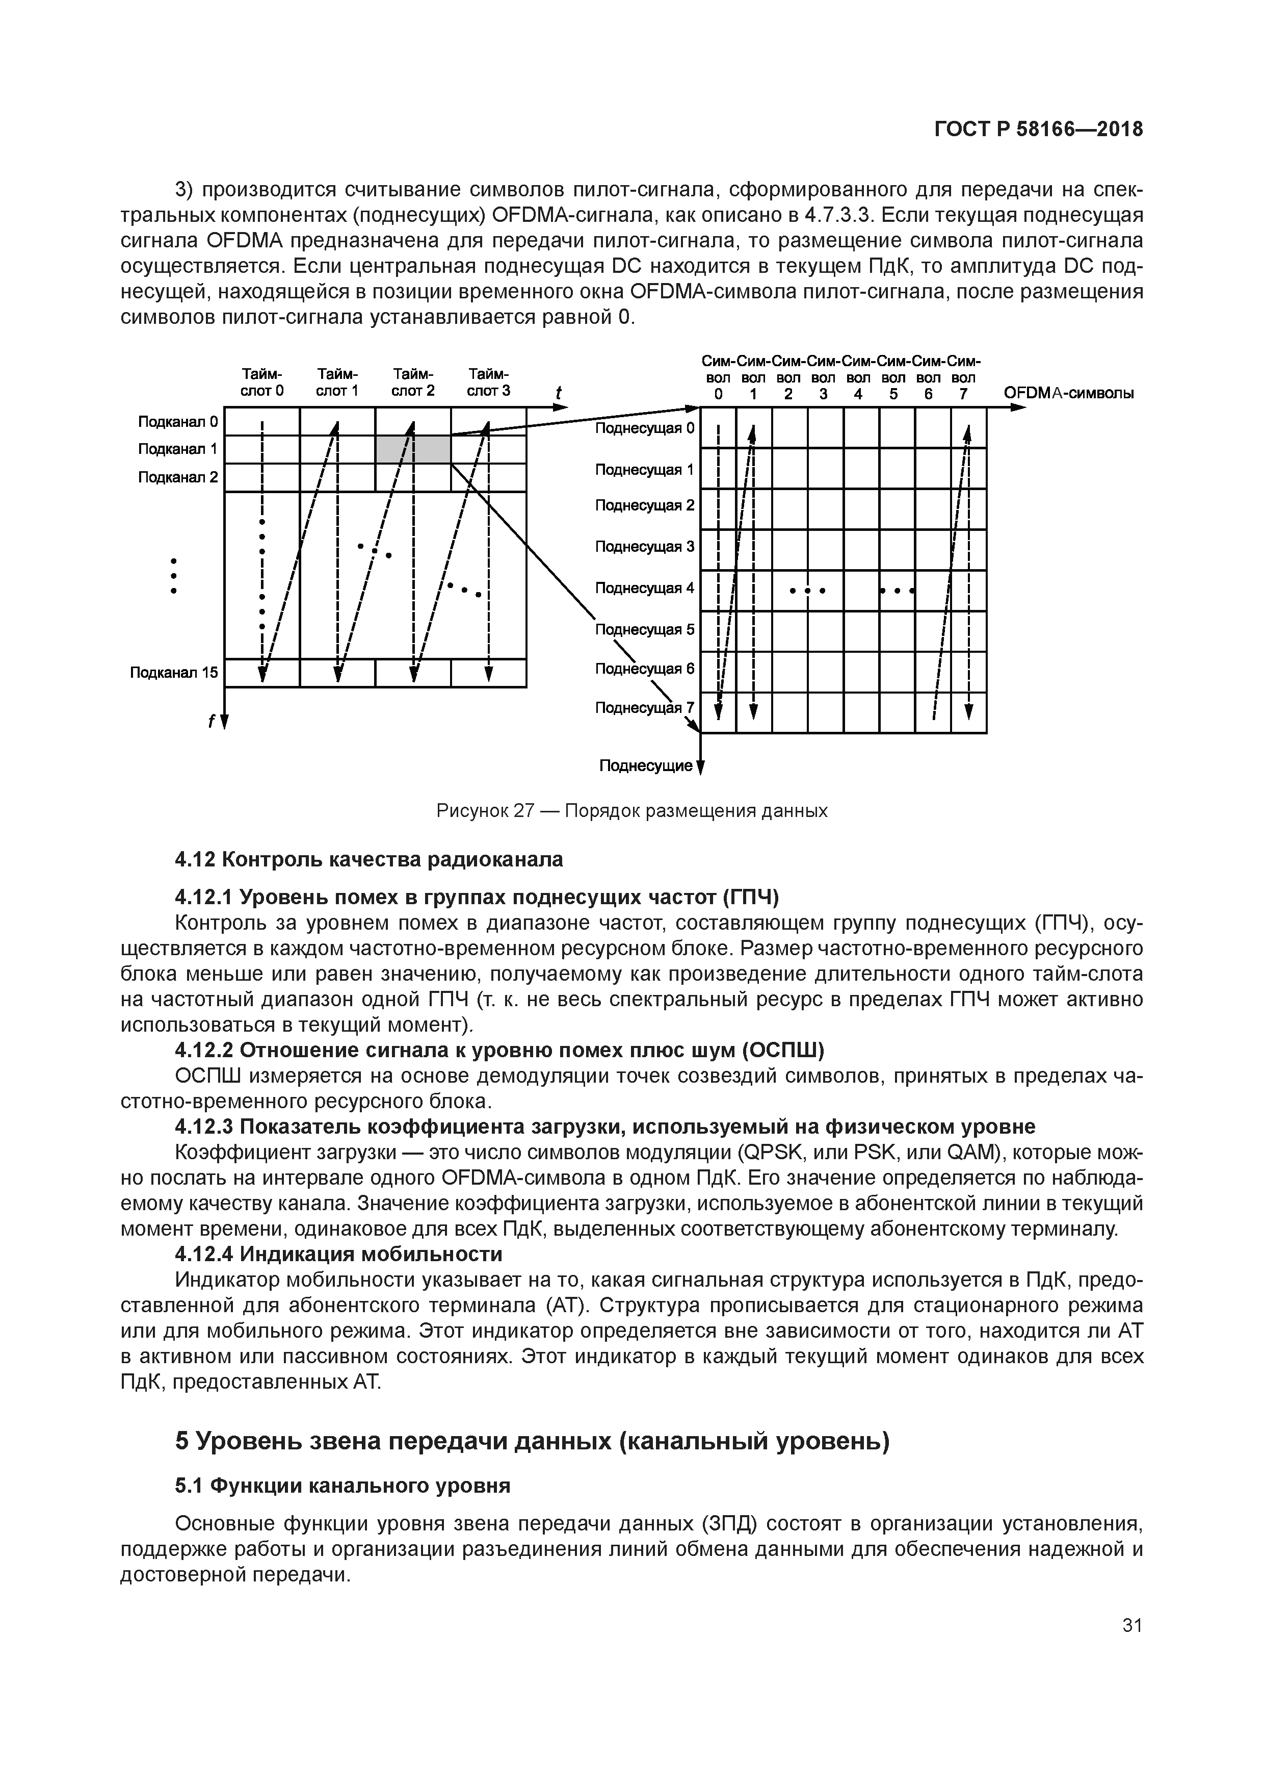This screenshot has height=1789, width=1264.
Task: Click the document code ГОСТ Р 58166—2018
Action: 1038,130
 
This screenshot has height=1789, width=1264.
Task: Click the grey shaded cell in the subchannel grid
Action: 413,450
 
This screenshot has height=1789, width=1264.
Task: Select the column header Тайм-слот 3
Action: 488,382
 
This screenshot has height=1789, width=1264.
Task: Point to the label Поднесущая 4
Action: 644,589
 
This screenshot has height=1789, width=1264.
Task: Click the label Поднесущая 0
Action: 644,428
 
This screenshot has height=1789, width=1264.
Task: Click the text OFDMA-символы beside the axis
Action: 1068,393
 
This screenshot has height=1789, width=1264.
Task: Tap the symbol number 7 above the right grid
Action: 963,394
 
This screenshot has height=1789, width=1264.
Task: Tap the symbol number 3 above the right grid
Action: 823,394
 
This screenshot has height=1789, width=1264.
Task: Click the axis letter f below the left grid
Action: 210,722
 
